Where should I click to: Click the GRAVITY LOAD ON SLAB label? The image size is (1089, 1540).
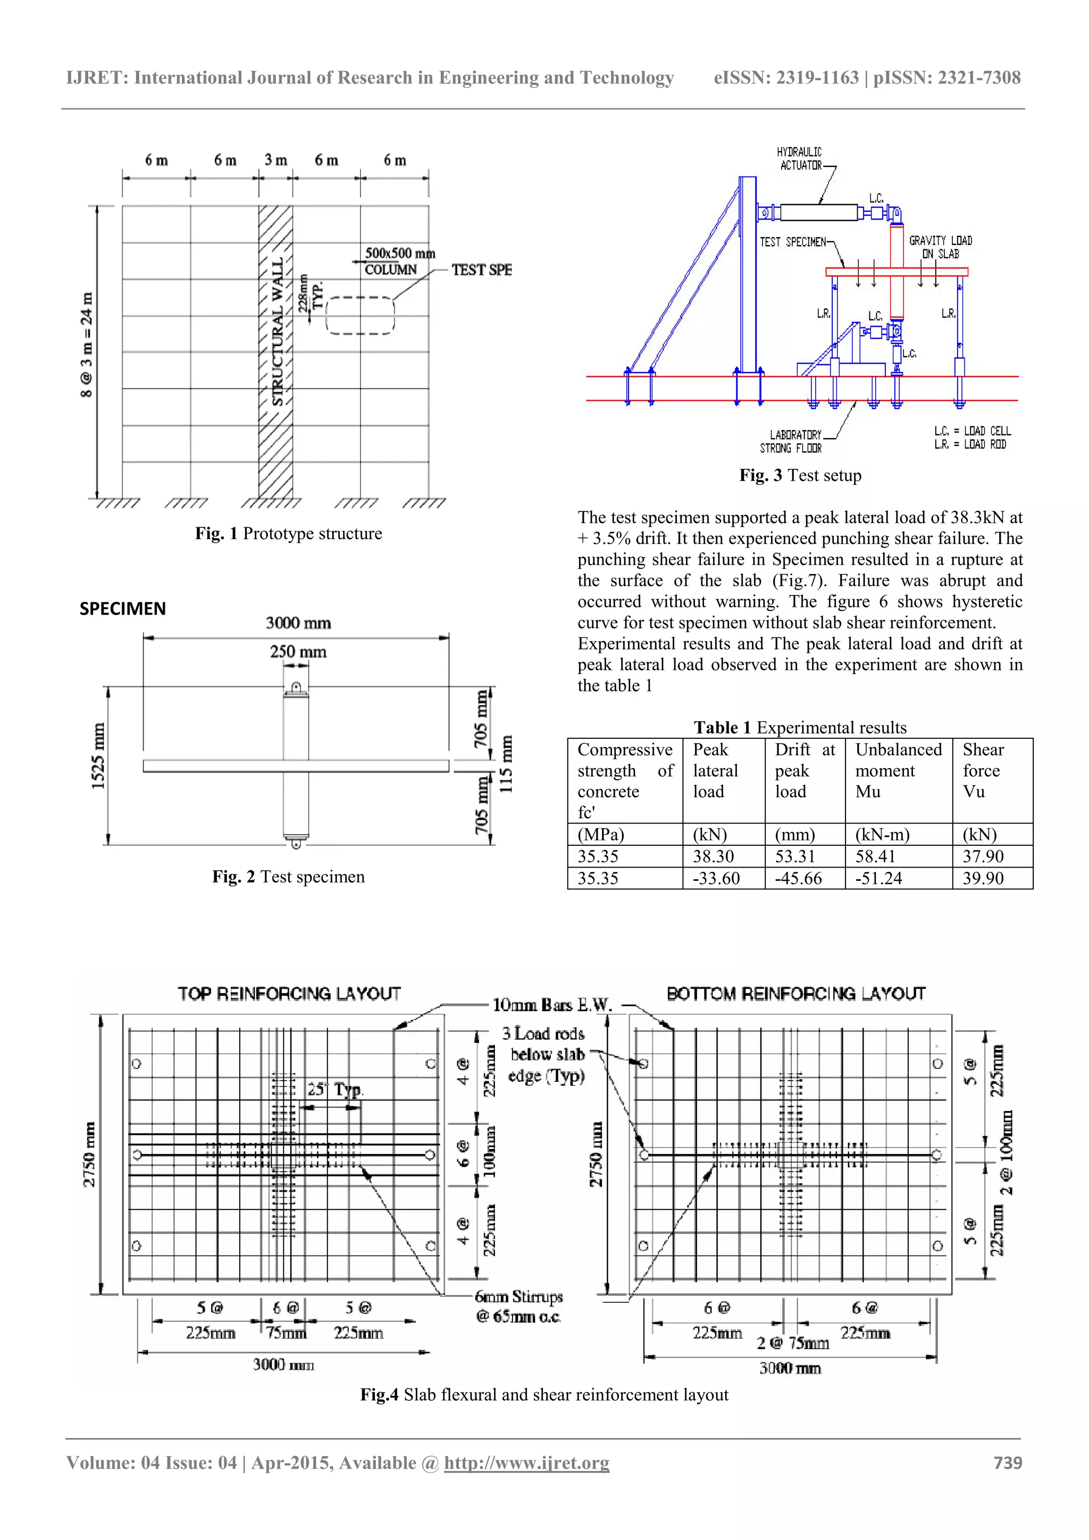click(940, 247)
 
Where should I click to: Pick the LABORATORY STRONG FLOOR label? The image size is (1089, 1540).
click(792, 441)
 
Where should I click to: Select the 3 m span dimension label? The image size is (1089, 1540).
click(275, 159)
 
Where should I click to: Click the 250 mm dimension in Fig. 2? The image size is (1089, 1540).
click(298, 652)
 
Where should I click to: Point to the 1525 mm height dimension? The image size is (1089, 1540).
click(98, 756)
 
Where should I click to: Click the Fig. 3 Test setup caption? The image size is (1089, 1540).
click(800, 476)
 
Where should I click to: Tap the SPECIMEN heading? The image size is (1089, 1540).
click(123, 608)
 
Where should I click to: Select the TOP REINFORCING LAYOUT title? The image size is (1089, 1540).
click(289, 994)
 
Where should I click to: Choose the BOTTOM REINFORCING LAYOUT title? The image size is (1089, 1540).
click(796, 994)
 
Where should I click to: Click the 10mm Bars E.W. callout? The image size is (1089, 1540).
click(552, 1005)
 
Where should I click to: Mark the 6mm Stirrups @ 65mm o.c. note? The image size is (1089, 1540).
click(518, 1306)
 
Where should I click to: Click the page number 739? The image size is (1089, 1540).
click(1007, 1463)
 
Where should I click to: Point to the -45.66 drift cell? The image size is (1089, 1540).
click(798, 879)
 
